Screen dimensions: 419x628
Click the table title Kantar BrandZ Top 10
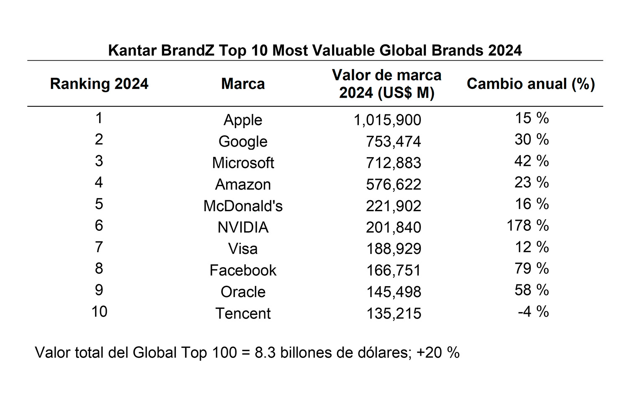click(315, 50)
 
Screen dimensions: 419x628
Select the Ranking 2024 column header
click(99, 84)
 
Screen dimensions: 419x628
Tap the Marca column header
click(243, 84)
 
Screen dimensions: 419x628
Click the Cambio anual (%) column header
click(531, 84)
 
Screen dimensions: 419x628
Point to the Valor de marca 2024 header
click(387, 84)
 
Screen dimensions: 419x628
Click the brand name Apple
click(243, 120)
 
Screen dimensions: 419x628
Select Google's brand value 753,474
click(393, 142)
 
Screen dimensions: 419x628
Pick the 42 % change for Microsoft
click(531, 161)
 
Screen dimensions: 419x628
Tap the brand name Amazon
click(243, 184)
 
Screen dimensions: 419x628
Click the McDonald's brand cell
click(243, 206)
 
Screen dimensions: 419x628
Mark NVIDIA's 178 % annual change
click(528, 225)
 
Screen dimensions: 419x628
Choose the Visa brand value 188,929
click(393, 249)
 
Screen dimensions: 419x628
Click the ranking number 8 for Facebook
click(99, 268)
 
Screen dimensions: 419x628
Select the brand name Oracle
click(243, 292)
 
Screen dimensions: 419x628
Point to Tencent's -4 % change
click(533, 312)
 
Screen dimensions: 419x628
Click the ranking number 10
click(99, 312)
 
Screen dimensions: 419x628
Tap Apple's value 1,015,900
click(387, 120)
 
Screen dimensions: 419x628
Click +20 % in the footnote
click(438, 352)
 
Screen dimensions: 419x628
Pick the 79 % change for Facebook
click(531, 269)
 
